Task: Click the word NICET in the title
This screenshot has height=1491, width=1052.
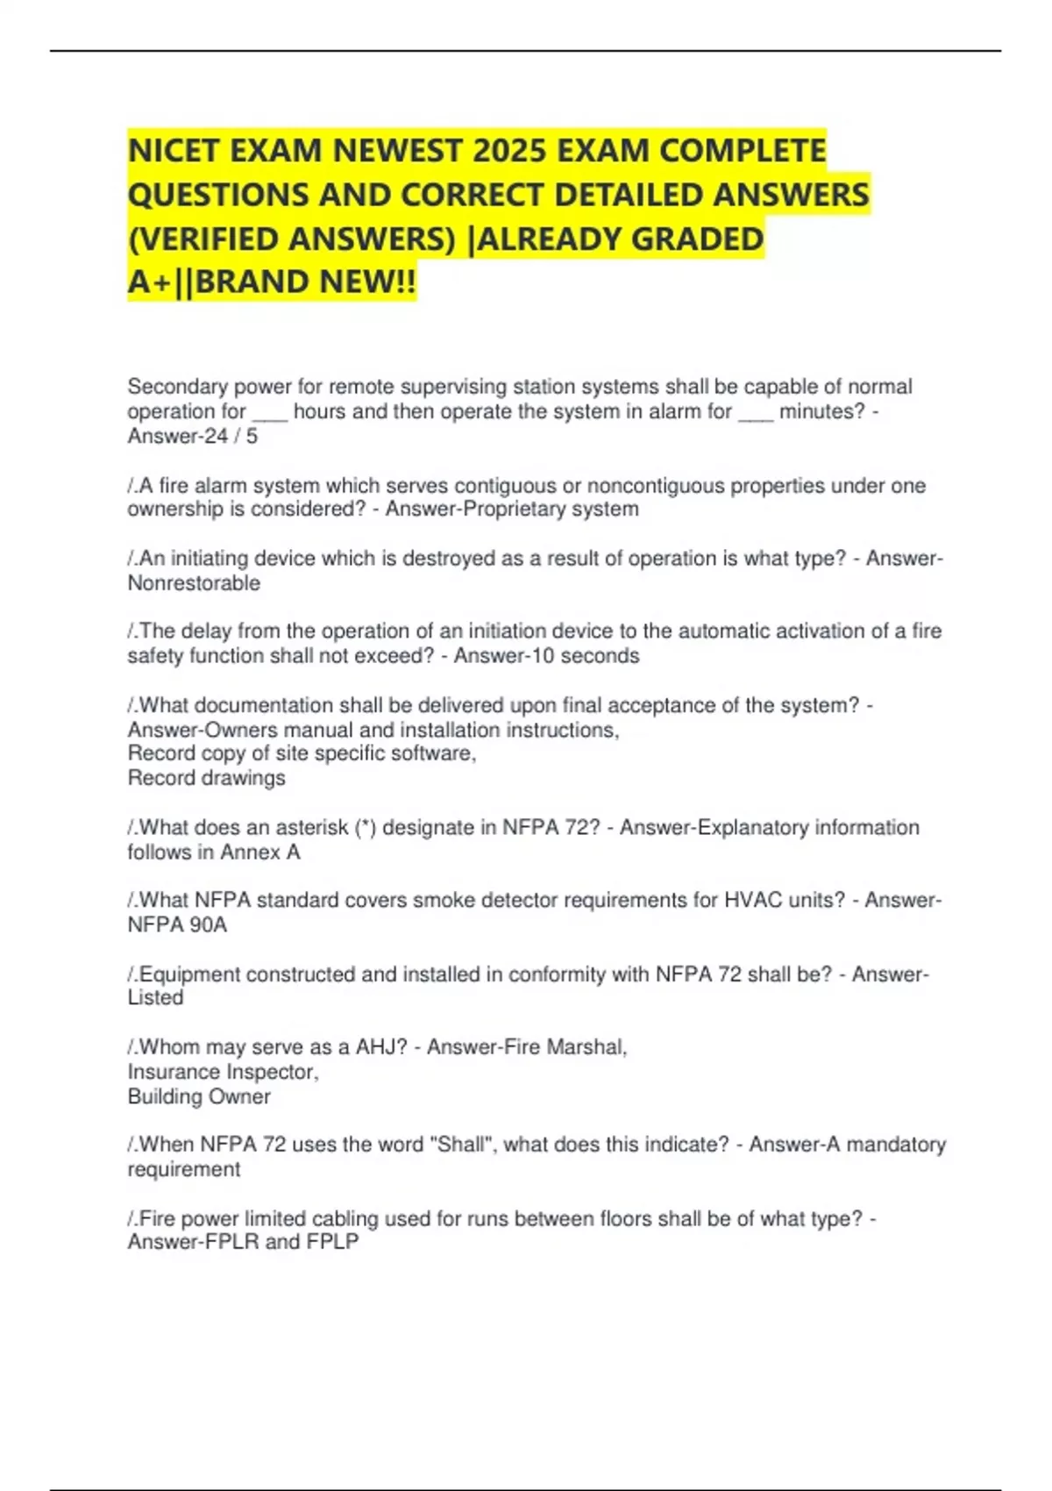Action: (174, 151)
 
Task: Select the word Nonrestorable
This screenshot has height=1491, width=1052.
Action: (194, 583)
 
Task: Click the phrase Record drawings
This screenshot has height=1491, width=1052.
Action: (206, 778)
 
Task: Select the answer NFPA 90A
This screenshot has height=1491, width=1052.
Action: (177, 925)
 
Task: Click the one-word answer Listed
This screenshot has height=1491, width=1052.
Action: (155, 998)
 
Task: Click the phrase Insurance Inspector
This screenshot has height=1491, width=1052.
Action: (223, 1072)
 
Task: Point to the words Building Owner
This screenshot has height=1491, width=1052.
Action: (199, 1096)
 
